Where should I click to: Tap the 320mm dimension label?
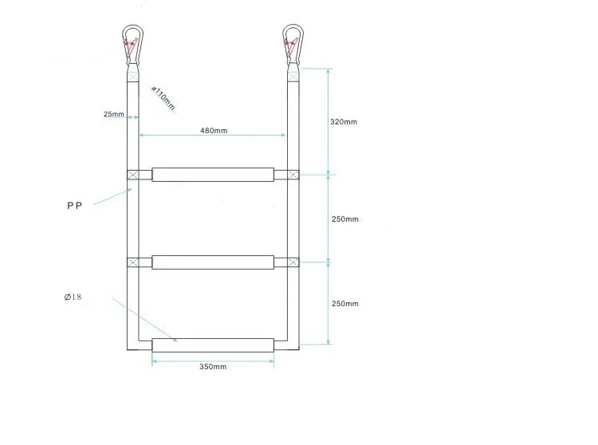click(x=344, y=122)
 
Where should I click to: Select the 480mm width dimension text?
click(x=214, y=131)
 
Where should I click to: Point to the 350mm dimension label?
click(x=213, y=367)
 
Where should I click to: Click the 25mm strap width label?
click(x=114, y=114)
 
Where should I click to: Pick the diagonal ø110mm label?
click(x=163, y=98)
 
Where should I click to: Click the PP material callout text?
click(x=74, y=206)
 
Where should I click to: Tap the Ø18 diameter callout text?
click(x=73, y=297)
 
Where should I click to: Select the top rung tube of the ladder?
click(x=213, y=175)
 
